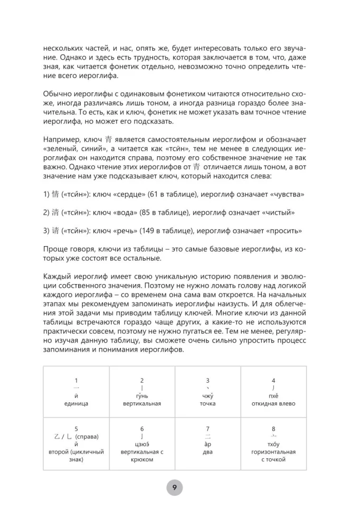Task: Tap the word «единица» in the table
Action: [x=76, y=403]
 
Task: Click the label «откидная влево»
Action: [x=273, y=403]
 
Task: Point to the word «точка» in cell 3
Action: [x=207, y=403]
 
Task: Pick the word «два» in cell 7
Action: [x=207, y=452]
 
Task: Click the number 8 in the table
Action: [x=273, y=429]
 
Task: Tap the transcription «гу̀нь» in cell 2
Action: [x=141, y=396]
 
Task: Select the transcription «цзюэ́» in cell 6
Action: [x=141, y=445]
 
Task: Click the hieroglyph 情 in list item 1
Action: [x=55, y=194]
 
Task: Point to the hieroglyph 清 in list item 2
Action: [x=55, y=212]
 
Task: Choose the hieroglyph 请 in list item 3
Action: [x=55, y=231]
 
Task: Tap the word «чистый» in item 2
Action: [x=282, y=212]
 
